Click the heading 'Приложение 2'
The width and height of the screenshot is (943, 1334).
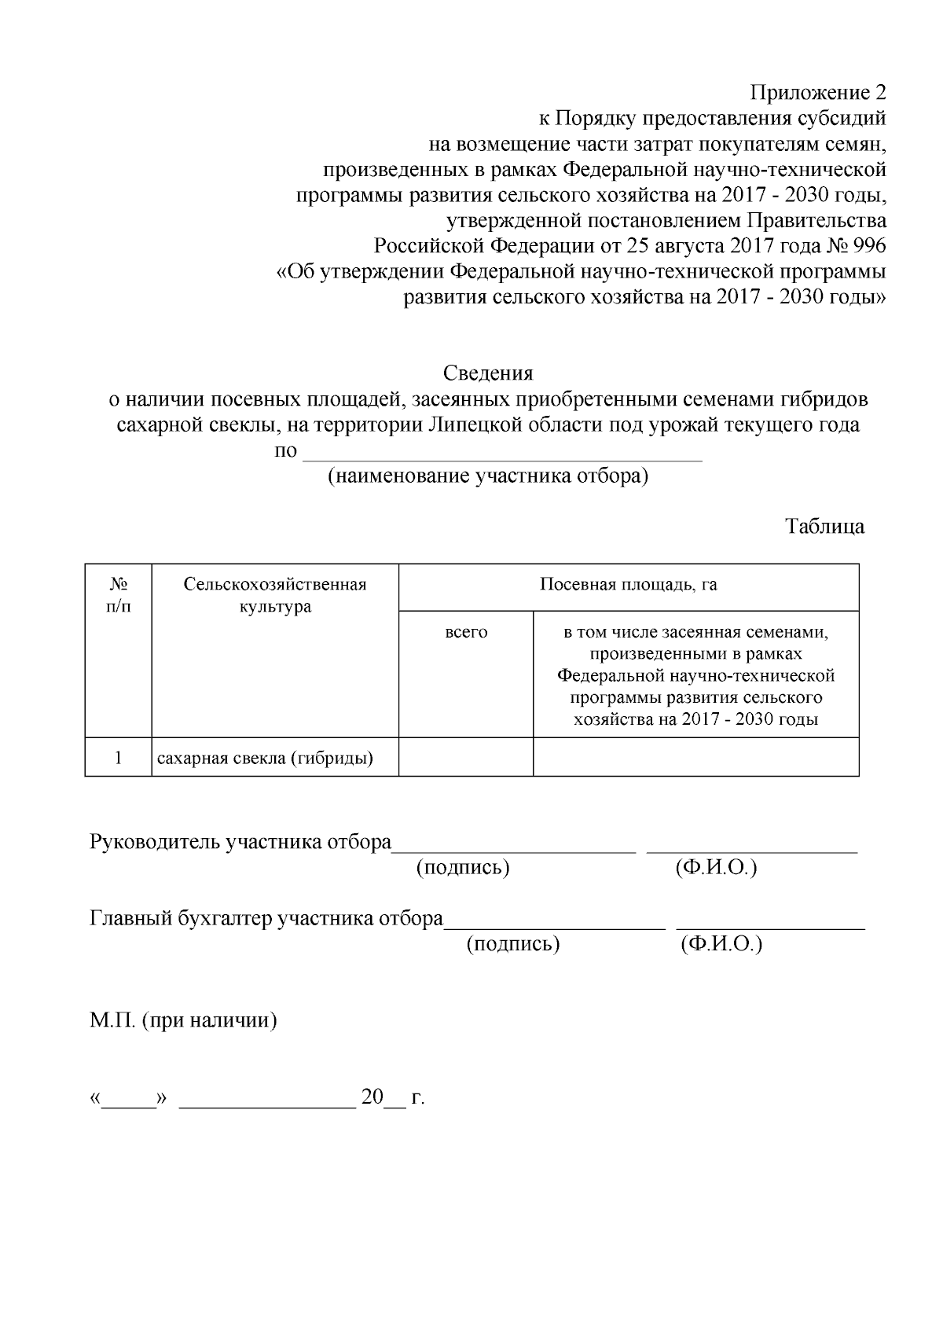coord(818,93)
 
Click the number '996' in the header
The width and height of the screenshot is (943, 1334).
coord(869,246)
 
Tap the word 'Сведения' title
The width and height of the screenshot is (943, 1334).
coord(488,373)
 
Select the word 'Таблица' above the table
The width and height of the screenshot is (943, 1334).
coord(825,526)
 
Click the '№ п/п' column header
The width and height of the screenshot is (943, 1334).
coord(119,595)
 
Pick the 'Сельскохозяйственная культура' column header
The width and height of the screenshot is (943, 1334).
coord(275,595)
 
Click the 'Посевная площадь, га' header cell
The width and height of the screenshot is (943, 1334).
coord(628,585)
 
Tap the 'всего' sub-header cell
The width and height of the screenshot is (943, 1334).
coord(466,632)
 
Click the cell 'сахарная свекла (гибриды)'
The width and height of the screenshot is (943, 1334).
coord(265,758)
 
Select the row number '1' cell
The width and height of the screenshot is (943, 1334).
coord(118,758)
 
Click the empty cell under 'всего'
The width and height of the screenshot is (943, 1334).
coord(466,758)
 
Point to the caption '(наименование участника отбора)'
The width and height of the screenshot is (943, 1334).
coord(488,476)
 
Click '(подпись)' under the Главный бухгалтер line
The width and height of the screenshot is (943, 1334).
coord(513,943)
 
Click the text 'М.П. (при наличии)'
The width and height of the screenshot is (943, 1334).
coord(184,1021)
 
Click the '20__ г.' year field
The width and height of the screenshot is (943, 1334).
coord(391,1097)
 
